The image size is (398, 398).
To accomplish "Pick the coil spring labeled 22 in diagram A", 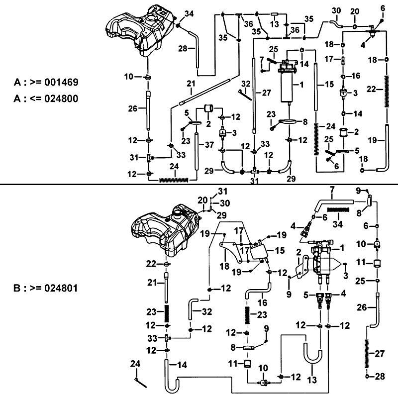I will click(x=387, y=90).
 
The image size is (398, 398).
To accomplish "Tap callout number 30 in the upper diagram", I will click(x=336, y=10).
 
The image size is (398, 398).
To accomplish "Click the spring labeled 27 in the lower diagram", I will click(x=367, y=353).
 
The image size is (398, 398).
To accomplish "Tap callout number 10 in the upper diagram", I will click(x=129, y=76).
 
